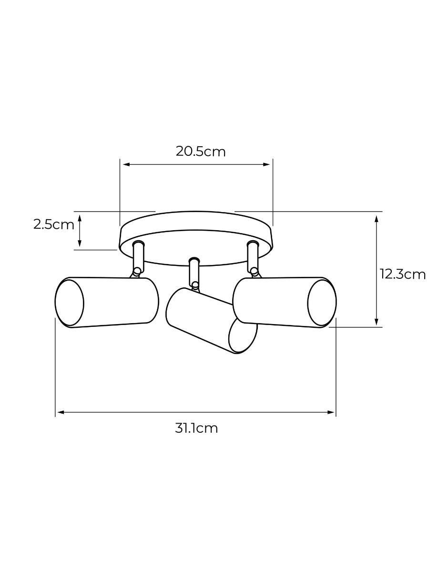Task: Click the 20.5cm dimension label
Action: pyautogui.click(x=200, y=152)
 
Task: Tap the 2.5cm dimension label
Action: pyautogui.click(x=53, y=224)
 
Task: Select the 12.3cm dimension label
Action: pyautogui.click(x=402, y=274)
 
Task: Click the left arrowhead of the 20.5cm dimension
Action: pyautogui.click(x=126, y=164)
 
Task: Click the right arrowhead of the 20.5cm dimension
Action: pyautogui.click(x=266, y=164)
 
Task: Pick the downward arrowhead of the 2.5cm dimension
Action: pyautogui.click(x=80, y=243)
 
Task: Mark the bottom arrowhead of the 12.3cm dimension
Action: pyautogui.click(x=377, y=322)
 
